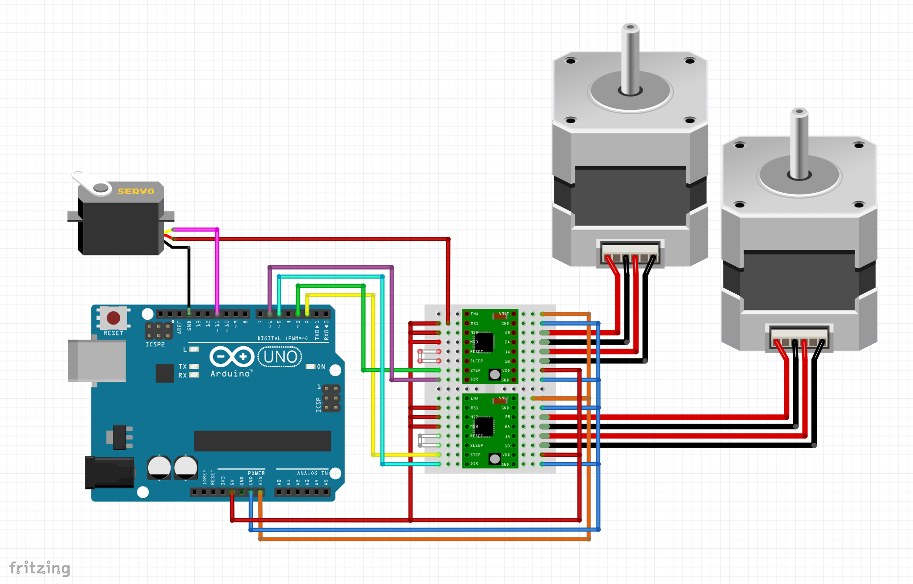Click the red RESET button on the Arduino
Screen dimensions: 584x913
113,318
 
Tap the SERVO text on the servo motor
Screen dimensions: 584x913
135,191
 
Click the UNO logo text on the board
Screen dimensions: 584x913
280,356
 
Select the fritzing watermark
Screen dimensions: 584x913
40,568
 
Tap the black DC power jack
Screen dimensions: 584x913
109,472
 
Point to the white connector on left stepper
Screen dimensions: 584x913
630,252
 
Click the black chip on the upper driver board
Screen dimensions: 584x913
484,342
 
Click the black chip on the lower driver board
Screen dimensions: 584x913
484,426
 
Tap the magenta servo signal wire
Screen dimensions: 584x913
216,270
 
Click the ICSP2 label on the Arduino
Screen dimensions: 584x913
155,345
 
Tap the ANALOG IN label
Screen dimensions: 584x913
312,473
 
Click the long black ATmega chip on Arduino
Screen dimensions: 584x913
262,441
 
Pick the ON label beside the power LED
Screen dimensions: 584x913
321,367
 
